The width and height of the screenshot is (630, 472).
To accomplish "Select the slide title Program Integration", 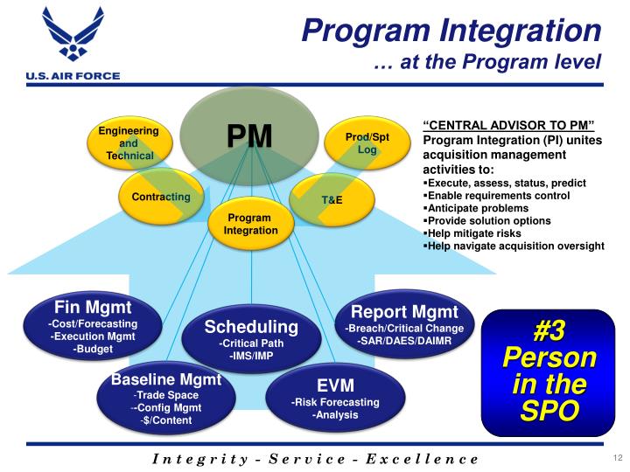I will point(451,30).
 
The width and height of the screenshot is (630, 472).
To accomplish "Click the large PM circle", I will point(249,136).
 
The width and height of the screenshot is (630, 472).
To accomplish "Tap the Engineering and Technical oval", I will point(129,143).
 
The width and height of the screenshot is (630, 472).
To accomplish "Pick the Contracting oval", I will point(161,197).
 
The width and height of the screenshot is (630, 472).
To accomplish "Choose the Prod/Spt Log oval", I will point(367,143).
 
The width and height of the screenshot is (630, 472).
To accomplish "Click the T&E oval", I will point(332,200).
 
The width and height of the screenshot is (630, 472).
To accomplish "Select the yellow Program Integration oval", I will point(250,225).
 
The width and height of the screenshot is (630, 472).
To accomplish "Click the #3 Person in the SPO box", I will point(548,371).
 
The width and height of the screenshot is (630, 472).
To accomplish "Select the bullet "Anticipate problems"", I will point(476,209).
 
